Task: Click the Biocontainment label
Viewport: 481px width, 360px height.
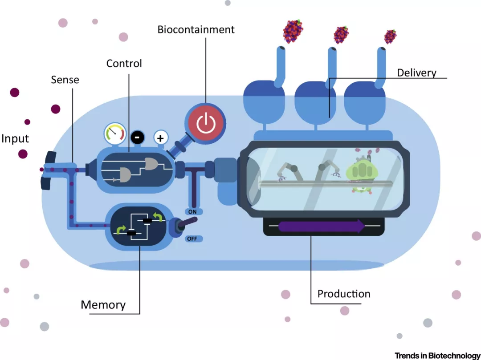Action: pos(196,30)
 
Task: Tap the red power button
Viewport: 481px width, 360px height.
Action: pos(206,122)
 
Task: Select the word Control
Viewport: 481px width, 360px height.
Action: pos(124,64)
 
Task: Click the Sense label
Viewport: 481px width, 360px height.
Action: pos(65,80)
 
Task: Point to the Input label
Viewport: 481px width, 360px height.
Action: pos(15,138)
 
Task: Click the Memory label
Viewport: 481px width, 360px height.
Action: pos(103,305)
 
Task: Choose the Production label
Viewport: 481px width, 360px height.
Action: pos(343,294)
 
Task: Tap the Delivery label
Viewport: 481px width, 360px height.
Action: pos(417,73)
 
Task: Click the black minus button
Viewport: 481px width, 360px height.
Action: pos(137,138)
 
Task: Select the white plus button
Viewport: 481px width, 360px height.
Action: pos(160,138)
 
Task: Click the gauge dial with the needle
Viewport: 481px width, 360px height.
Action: pos(114,133)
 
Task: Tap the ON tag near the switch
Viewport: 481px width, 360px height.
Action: pos(192,212)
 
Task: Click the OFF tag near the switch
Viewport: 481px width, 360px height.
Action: pos(192,239)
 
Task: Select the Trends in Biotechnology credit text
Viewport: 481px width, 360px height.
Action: pos(437,355)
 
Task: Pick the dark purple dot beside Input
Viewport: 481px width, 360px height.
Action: pos(23,154)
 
